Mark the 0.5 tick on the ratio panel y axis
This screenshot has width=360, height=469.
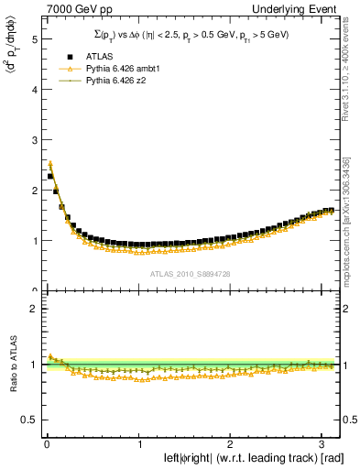pos(29,420)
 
